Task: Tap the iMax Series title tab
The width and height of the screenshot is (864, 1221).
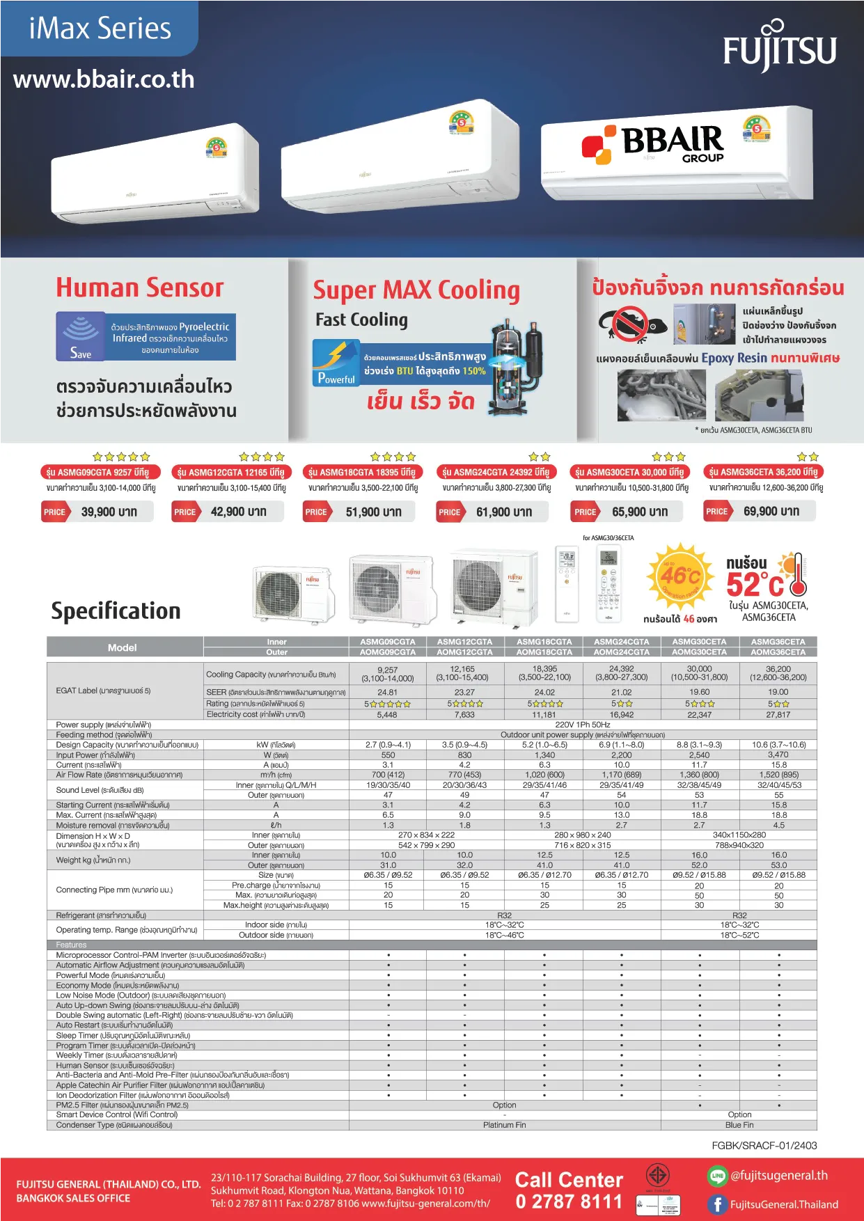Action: [100, 29]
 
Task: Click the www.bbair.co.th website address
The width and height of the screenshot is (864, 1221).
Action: [104, 79]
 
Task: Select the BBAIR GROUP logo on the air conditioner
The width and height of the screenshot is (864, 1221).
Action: [654, 144]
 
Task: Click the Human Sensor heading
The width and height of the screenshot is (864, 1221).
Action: [140, 287]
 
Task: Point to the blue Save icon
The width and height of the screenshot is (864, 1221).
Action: [81, 336]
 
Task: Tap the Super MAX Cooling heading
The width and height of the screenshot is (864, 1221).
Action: [416, 290]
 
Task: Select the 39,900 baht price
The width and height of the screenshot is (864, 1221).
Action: [109, 512]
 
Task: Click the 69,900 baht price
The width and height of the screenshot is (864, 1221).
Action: [771, 511]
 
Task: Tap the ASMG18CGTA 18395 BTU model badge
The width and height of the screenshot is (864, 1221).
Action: [361, 472]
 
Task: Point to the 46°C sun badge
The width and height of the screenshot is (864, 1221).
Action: [680, 576]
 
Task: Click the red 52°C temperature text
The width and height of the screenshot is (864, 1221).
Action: [755, 583]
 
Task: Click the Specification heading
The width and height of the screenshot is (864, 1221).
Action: [116, 610]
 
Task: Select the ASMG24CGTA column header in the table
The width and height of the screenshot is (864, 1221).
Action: [621, 642]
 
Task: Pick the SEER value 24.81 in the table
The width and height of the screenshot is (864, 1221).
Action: [387, 693]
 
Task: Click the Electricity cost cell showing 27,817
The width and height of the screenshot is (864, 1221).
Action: [778, 714]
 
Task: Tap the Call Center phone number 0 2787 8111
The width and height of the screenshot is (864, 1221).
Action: [569, 1202]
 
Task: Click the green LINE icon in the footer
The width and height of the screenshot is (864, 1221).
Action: [717, 1176]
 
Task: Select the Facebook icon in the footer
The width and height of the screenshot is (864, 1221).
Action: [717, 1204]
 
